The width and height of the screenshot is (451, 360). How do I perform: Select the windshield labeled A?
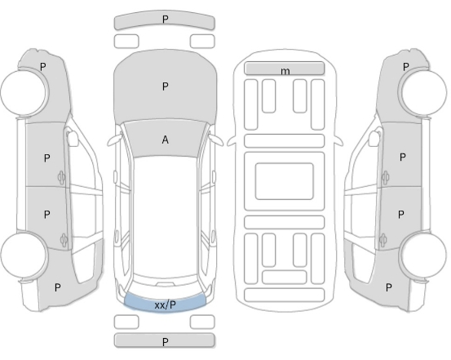tap(165, 140)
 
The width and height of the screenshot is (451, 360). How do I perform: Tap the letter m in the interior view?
tap(285, 71)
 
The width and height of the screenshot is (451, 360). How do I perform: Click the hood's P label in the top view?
tap(165, 86)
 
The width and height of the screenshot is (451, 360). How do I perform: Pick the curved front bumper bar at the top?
tap(165, 20)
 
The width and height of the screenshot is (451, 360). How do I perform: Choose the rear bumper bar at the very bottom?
tap(165, 340)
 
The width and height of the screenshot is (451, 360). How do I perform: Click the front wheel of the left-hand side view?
tap(23, 92)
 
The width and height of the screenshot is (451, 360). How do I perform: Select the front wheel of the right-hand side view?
tap(424, 92)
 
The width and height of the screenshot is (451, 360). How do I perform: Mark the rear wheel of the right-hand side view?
tap(423, 256)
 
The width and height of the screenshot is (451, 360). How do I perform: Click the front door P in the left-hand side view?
tap(46, 158)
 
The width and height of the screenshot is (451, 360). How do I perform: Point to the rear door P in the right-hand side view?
tap(400, 214)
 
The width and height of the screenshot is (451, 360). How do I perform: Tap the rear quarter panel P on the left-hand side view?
tap(58, 287)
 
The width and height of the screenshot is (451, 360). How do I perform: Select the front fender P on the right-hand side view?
tap(405, 67)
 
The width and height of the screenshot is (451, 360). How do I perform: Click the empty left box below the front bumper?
tap(126, 41)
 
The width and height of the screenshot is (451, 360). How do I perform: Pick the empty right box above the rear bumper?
tap(202, 322)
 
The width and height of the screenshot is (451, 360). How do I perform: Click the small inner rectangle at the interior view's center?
tap(284, 181)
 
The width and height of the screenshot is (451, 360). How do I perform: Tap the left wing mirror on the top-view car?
tap(114, 140)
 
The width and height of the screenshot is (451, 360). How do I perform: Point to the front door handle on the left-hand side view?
tap(61, 177)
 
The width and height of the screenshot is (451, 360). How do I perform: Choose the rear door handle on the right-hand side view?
tap(383, 241)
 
